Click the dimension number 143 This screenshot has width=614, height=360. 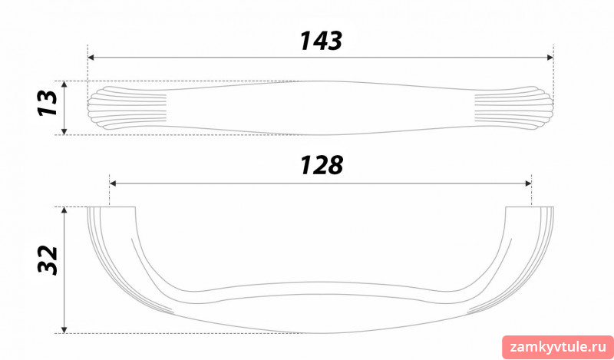pos(321,41)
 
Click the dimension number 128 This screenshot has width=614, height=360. pos(322,165)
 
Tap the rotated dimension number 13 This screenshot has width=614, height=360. pos(48,103)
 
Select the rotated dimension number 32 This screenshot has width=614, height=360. pos(48,259)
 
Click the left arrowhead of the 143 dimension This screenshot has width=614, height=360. pos(91,58)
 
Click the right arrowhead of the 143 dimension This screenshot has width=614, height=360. pos(550,58)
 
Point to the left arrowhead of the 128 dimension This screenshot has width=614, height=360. pos(113,183)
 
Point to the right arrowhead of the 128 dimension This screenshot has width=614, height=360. pos(528,183)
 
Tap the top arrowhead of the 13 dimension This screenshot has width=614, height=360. pos(64,84)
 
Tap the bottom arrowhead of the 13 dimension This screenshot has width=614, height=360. pos(64,131)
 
